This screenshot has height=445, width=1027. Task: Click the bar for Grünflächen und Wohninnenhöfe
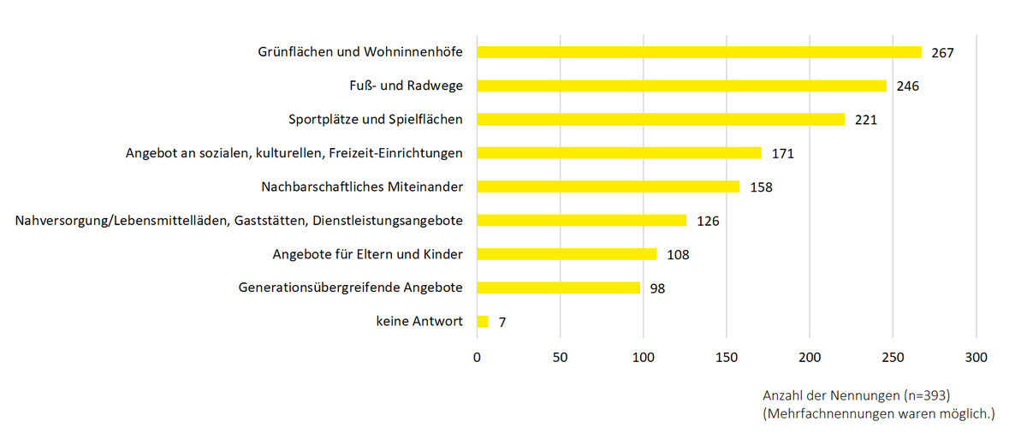pos(698,52)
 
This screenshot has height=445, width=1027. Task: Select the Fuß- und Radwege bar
pos(681,86)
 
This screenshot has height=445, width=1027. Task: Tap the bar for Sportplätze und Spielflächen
pos(660,119)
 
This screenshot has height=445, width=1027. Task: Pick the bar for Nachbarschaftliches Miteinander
pos(608,187)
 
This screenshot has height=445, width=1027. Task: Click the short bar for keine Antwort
pos(482,322)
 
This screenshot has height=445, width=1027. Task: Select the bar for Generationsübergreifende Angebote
pos(558,288)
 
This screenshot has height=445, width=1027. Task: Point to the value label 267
pos(942,53)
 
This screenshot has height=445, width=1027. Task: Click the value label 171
pos(783,154)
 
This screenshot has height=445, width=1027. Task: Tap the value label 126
pos(708,221)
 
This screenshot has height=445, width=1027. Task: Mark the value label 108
pos(678,254)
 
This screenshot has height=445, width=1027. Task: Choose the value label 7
pos(502,323)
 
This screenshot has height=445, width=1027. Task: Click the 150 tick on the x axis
pos(727,357)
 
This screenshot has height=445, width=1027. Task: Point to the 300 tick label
pos(976,357)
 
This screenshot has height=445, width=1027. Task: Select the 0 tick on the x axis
pos(477,357)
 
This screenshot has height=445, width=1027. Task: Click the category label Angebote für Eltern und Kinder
pos(367,254)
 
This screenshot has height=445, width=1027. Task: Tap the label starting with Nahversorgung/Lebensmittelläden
pos(239,221)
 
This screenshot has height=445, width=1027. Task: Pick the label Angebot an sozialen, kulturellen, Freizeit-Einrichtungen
pos(294,153)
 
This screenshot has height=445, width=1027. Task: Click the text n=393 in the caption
pos(925,396)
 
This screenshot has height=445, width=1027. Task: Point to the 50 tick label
pos(560,357)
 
